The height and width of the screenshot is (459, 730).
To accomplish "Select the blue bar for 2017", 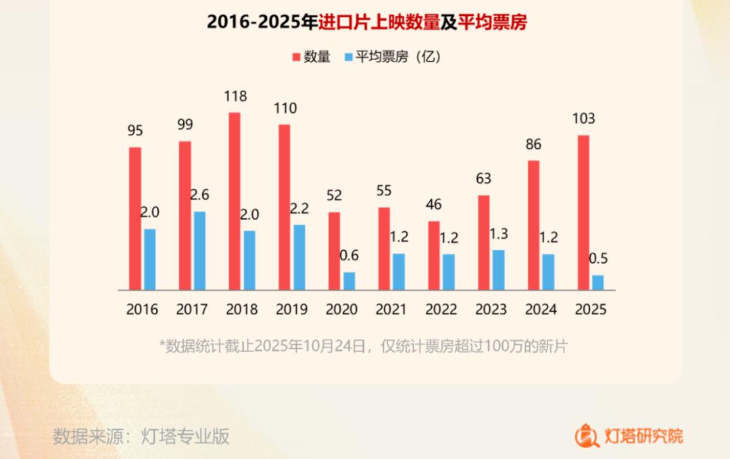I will [200, 250].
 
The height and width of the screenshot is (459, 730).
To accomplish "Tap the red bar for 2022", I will [434, 255].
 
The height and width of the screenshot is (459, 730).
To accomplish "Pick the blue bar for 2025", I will [598, 282].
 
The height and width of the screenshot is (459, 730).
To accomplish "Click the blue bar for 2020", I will [349, 281].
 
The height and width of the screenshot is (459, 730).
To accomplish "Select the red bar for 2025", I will [583, 212].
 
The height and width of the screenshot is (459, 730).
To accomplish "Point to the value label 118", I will [235, 97].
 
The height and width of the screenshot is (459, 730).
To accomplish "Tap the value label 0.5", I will [598, 259].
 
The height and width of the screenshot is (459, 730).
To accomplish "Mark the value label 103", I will [583, 119].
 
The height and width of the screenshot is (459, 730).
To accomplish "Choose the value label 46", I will [434, 204].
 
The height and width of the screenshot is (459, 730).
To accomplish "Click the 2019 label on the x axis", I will [291, 310].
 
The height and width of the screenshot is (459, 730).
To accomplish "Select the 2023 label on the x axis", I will [491, 310].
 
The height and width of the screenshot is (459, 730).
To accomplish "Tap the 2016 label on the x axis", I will [142, 310].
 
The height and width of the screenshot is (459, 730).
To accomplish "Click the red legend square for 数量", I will [296, 57].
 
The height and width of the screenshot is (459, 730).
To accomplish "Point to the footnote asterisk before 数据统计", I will [162, 345].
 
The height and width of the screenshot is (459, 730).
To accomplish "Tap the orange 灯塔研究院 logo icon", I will [587, 435].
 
